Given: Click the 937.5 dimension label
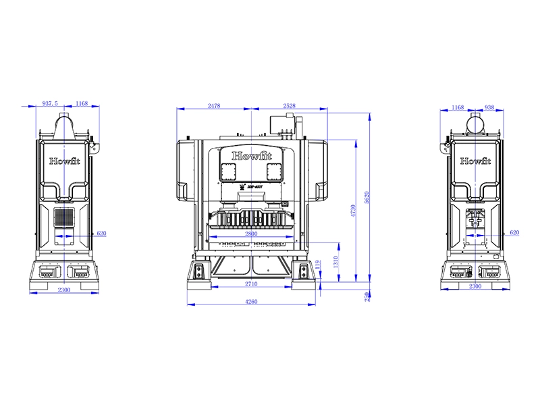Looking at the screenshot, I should click(51, 103).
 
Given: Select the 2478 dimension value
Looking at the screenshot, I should click(214, 106).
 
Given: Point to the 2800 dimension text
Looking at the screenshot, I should click(252, 233).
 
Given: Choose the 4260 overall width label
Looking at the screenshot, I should click(252, 302).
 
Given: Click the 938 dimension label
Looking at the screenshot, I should click(489, 107).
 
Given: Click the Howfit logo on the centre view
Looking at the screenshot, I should click(252, 156).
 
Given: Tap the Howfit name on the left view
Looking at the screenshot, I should click(64, 162).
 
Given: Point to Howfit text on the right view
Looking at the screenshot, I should click(476, 161).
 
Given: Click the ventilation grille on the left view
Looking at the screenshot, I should click(64, 217).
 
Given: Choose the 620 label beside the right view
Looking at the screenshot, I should click(514, 232).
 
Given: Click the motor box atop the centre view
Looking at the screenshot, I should click(279, 125).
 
